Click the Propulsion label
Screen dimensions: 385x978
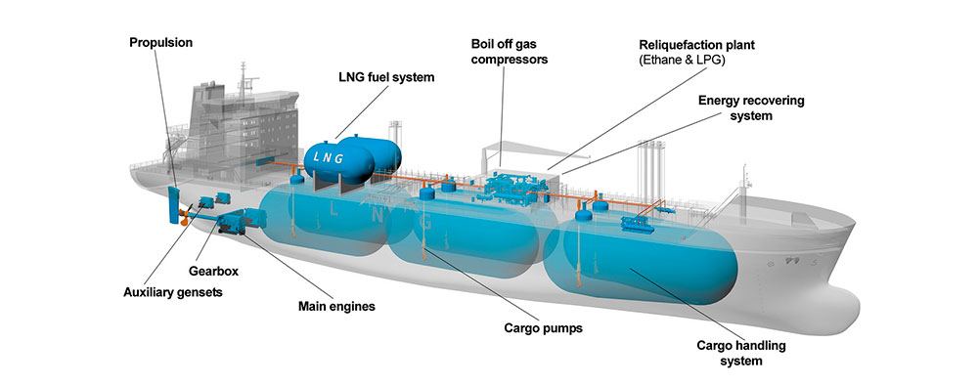pyautogui.click(x=161, y=43)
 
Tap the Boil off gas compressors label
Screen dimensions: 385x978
pyautogui.click(x=508, y=51)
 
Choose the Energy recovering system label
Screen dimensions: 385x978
pyautogui.click(x=735, y=107)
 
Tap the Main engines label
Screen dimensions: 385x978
pyautogui.click(x=336, y=306)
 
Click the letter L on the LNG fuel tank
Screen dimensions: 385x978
pyautogui.click(x=320, y=155)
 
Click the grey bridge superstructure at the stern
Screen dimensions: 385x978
pyautogui.click(x=226, y=117)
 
